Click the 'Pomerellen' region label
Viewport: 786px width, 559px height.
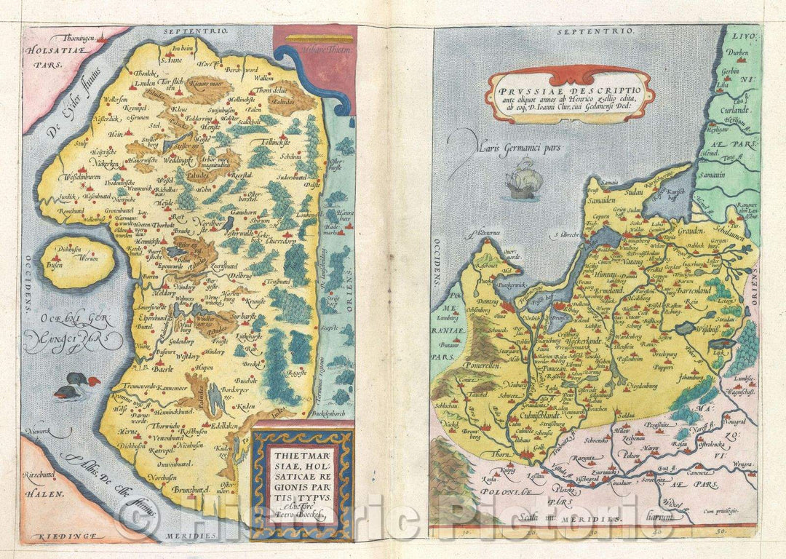pos(484,365)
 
